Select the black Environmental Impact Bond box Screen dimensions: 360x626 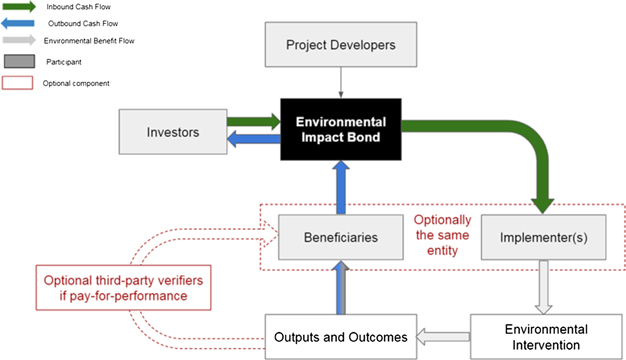click(341, 131)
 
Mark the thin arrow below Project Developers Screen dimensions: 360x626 click(341, 82)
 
